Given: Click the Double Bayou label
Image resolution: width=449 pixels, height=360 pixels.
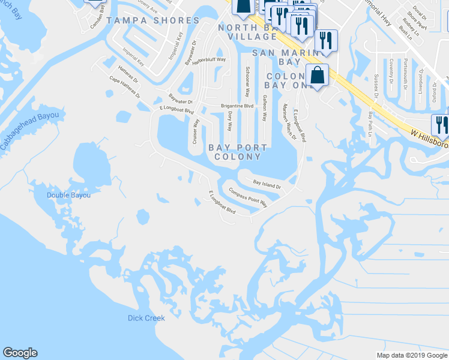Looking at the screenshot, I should pyautogui.click(x=70, y=195).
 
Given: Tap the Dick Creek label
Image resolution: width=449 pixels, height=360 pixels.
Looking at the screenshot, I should pyautogui.click(x=146, y=318).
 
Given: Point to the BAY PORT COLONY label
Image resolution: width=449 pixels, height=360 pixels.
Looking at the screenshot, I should pyautogui.click(x=235, y=152).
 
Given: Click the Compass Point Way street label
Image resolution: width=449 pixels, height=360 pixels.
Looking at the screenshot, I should pyautogui.click(x=248, y=196).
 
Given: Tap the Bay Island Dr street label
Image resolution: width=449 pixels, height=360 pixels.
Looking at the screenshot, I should pyautogui.click(x=267, y=184).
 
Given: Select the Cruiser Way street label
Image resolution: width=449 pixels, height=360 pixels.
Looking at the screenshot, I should pyautogui.click(x=196, y=130).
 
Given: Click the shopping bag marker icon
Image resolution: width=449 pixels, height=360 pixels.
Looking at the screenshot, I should pyautogui.click(x=318, y=75).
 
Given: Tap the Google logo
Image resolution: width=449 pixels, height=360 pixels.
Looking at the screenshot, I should pyautogui.click(x=20, y=353).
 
